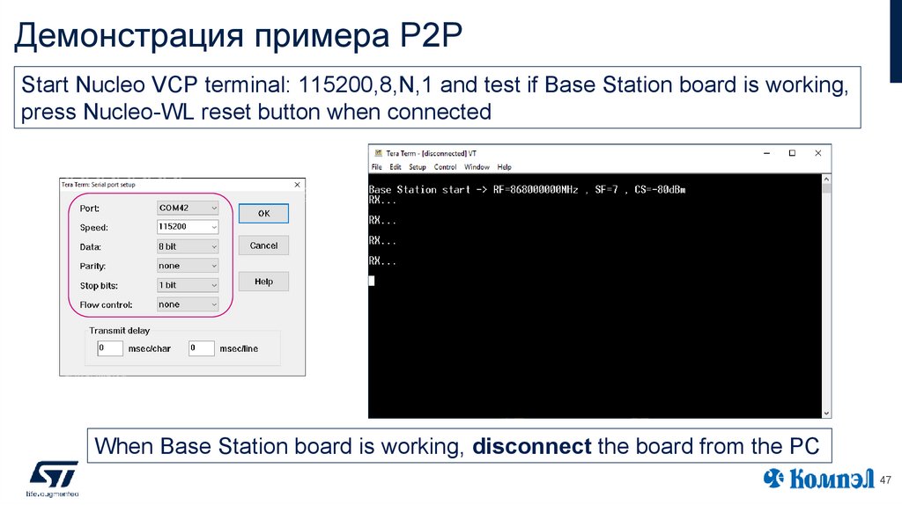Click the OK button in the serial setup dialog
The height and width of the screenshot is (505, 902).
click(x=263, y=214)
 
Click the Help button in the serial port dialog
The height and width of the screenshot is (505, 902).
click(x=263, y=282)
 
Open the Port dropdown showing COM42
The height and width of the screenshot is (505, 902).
click(x=188, y=209)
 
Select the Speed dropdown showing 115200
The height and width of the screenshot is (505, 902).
click(x=188, y=227)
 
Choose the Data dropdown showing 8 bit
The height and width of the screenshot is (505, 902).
click(x=188, y=246)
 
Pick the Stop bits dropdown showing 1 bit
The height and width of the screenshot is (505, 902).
click(x=188, y=285)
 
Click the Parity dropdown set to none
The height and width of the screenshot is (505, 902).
click(x=188, y=266)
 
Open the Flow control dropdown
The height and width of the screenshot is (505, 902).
click(x=188, y=304)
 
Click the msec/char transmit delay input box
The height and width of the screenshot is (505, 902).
click(x=110, y=348)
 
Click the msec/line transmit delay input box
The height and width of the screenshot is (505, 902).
click(x=201, y=348)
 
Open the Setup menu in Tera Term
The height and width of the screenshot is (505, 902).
click(x=418, y=167)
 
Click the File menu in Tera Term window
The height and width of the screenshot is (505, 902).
click(x=377, y=167)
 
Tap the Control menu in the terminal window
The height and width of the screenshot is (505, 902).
click(x=446, y=167)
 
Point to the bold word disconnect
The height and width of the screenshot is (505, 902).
click(x=531, y=446)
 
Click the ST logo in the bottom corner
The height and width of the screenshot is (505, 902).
click(x=54, y=475)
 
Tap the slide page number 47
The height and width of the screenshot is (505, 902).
click(x=885, y=479)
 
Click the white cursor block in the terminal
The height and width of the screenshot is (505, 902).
click(x=372, y=281)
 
